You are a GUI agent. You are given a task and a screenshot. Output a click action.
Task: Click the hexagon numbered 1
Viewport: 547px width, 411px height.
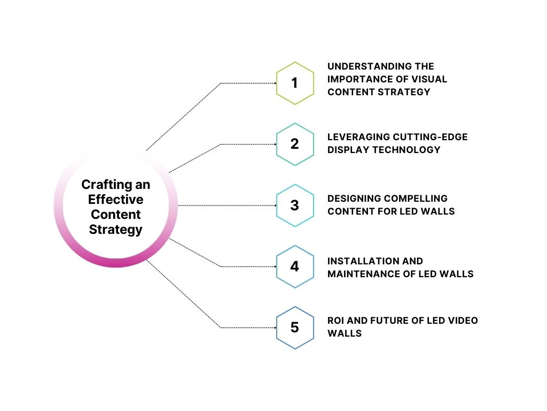coord(294,83)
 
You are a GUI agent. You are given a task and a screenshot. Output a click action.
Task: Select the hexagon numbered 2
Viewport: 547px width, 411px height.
coord(294,144)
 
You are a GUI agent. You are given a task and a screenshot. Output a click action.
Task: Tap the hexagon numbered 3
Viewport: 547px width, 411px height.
coord(294,205)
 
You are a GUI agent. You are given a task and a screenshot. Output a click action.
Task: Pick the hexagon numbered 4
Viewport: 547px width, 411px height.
coord(294,267)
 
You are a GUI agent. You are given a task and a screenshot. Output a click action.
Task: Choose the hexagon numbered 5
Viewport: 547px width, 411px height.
coord(294,328)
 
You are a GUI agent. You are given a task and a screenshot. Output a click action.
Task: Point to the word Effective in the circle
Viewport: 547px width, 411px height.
coord(116,200)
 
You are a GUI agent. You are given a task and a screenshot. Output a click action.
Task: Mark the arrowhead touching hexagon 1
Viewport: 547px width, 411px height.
coord(274,83)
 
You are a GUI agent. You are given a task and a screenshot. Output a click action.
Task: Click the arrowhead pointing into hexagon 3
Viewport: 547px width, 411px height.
coord(274,205)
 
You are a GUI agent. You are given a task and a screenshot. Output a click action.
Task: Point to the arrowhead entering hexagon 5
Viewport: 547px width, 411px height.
coord(274,328)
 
